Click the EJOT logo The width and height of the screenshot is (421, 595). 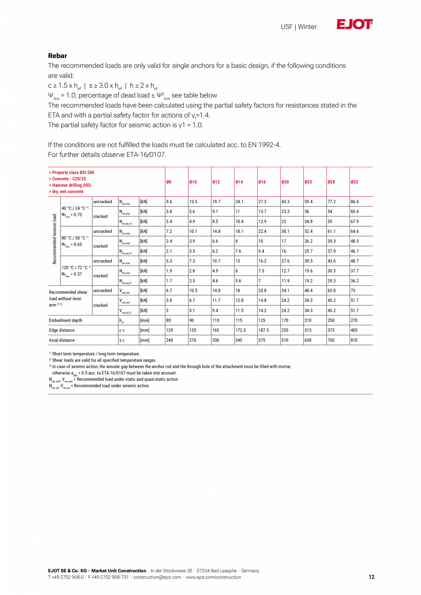pos(355,25)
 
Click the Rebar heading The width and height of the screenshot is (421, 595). pos(58,56)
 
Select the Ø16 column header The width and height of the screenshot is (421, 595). pos(262,182)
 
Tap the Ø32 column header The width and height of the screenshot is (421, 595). pos(354,182)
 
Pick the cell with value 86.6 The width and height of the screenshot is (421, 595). pos(355,202)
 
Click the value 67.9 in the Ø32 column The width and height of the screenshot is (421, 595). pos(355,221)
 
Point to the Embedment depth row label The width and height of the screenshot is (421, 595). pos(66,321)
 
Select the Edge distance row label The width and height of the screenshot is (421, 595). pos(62,330)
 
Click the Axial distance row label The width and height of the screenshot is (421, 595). pos(62,340)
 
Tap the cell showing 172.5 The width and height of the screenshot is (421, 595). pos(241,330)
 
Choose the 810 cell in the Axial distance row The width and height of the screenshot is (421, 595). pos(354,340)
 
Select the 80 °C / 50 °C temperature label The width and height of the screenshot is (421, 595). pos(75,238)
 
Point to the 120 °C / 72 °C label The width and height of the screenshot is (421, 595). pos(76,268)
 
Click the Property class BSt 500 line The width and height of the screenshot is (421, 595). pos(71,172)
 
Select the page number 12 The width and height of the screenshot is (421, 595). pos(371,577)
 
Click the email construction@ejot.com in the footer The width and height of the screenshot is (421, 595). pos(157,577)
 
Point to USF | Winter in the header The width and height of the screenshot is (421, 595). pos(298,27)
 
